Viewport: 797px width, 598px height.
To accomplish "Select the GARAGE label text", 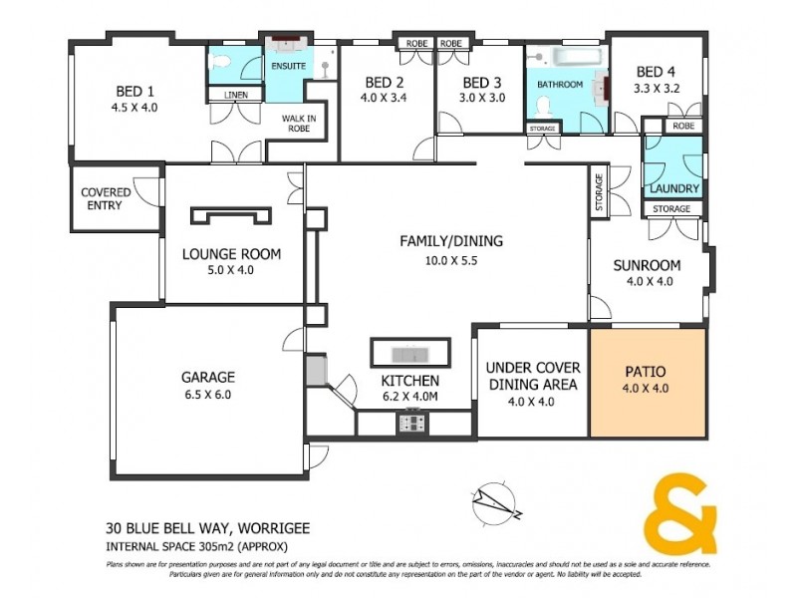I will [207, 377].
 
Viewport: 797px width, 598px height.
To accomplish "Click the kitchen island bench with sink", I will [410, 354].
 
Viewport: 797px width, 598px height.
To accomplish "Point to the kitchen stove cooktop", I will [411, 423].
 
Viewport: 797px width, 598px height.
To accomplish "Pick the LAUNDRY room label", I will [674, 188].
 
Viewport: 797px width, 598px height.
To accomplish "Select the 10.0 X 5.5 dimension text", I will [451, 261].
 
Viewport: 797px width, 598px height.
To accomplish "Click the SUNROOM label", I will [647, 265].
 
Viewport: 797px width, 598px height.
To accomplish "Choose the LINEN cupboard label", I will [235, 95].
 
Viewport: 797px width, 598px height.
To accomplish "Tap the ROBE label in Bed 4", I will [682, 126].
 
